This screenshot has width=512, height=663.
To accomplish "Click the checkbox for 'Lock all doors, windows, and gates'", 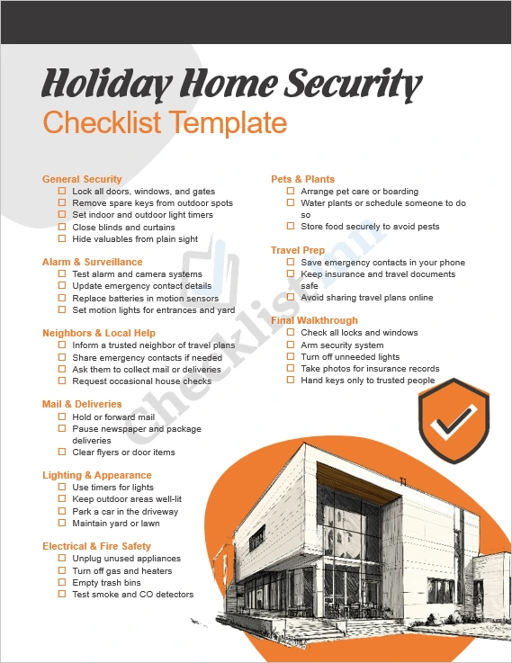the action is [62, 192].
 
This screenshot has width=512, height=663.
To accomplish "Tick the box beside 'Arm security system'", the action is [291, 345].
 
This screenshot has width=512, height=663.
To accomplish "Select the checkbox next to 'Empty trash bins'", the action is [62, 583].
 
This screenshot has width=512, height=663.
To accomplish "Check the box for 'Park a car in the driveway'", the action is [62, 512].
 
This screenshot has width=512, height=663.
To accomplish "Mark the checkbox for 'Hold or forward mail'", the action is [62, 417].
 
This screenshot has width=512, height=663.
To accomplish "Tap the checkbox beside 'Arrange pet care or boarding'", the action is [291, 192].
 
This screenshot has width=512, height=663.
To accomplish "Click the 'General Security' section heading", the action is [82, 179].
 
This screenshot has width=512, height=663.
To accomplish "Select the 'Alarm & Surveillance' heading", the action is [92, 262].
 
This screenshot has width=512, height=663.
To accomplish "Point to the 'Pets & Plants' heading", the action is [302, 179].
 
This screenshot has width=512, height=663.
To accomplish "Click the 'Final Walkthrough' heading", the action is [314, 320].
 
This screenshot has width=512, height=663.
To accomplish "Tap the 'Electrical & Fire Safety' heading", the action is [96, 546].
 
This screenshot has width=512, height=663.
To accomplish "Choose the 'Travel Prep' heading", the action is [298, 250].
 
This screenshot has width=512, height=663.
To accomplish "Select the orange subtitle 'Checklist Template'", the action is [165, 122].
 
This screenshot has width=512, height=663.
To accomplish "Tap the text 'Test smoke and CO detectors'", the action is [132, 595].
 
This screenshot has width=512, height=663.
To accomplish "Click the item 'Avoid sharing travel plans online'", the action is [366, 298].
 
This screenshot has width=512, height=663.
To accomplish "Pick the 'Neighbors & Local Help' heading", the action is [99, 333].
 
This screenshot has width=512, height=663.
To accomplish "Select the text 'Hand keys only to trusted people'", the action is [367, 381].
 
